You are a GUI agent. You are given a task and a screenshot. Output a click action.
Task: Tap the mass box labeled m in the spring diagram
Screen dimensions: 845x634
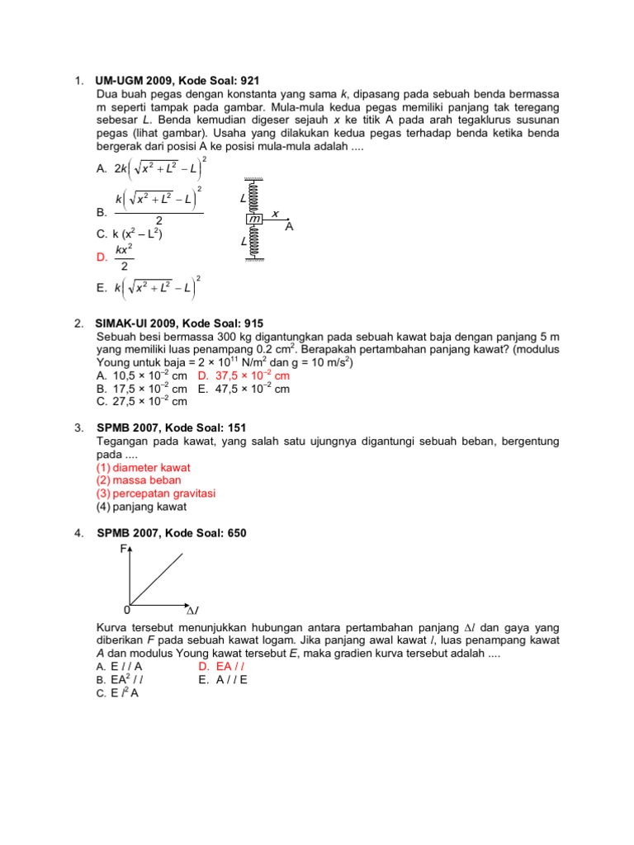coord(254,219)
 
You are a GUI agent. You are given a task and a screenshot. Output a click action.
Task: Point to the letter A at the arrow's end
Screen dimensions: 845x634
coord(289,226)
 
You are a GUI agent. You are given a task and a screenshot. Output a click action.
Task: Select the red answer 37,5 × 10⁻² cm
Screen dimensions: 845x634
coord(244,375)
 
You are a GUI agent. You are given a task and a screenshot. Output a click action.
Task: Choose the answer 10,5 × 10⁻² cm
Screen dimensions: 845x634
coord(141,375)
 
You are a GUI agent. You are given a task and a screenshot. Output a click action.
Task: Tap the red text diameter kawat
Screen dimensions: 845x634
coord(144,467)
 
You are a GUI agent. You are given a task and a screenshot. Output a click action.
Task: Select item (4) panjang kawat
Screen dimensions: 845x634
coord(141,507)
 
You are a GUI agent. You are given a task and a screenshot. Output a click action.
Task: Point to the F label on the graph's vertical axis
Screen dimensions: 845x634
coord(124,549)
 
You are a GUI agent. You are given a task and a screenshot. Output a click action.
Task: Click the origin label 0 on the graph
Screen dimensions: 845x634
coord(126,611)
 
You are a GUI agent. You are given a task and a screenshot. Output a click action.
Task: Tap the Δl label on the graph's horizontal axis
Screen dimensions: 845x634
coord(192,611)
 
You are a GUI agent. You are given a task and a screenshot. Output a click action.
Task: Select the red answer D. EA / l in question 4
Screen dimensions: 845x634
coord(224,667)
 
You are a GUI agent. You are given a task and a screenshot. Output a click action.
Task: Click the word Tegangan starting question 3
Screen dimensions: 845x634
coord(123,441)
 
